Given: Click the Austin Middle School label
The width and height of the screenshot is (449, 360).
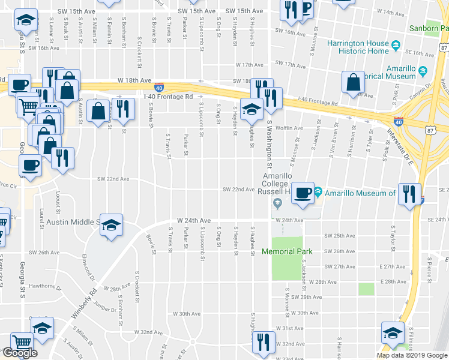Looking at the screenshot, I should pyautogui.click(x=71, y=222).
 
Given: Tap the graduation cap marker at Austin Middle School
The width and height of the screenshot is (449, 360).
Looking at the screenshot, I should pyautogui.click(x=111, y=226).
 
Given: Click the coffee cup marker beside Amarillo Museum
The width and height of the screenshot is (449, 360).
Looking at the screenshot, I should pyautogui.click(x=303, y=193).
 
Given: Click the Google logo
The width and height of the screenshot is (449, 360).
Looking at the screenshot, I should pyautogui.click(x=20, y=353).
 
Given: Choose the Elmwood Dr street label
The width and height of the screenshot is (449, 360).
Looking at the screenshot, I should pyautogui.click(x=87, y=268).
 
